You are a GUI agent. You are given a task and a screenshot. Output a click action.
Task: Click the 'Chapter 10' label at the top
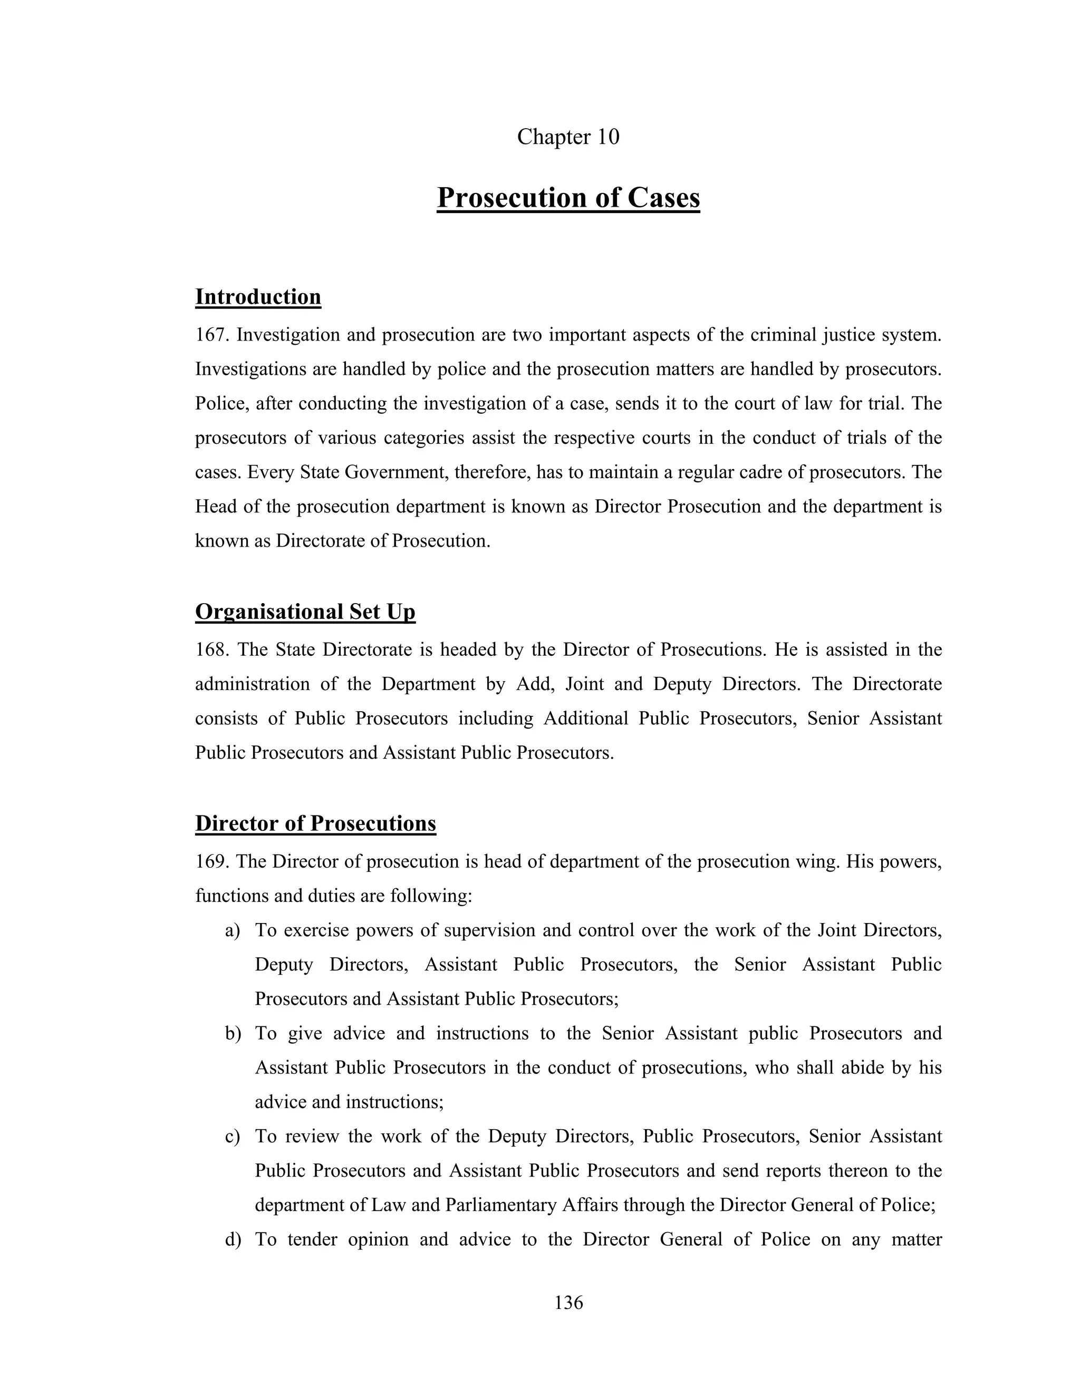(x=567, y=137)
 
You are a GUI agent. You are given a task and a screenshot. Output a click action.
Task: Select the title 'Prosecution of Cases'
(x=568, y=198)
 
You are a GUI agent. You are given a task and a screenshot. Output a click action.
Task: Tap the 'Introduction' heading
(x=258, y=297)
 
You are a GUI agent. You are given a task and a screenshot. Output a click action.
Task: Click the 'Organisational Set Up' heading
(x=305, y=612)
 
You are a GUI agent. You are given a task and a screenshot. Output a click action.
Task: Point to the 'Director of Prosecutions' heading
(x=315, y=823)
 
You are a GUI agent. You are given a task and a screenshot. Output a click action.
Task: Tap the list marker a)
(x=232, y=930)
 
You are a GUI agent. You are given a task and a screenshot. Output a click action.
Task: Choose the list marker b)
(x=232, y=1034)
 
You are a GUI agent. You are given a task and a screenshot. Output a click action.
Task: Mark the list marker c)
(x=232, y=1137)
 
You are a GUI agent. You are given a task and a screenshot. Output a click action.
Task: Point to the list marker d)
(x=232, y=1240)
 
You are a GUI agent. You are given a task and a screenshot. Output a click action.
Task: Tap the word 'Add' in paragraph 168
(x=533, y=684)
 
